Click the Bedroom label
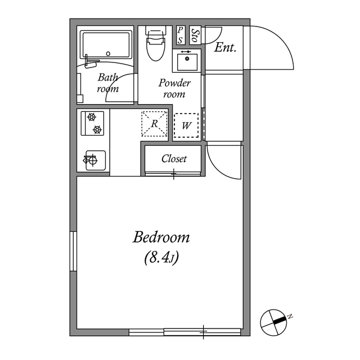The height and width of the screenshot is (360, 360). coord(161,237)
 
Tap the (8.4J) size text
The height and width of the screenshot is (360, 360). coord(161,259)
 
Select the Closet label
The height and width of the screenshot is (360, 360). coord(174,159)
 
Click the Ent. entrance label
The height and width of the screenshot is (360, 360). coord(225,48)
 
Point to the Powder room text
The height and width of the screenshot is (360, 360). coord(174,88)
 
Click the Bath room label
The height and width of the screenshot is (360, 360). coord(107,83)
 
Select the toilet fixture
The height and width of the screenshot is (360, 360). coord(154,44)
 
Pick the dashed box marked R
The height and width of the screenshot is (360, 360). coord(154,124)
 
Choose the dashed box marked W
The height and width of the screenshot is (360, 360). coord(186,125)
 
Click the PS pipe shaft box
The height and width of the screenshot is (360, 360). coord(180,35)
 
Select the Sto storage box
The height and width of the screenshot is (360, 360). coord(195,35)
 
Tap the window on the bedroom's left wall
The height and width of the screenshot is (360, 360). coord(73,251)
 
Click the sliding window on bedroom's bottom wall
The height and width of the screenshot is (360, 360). coord(186,331)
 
